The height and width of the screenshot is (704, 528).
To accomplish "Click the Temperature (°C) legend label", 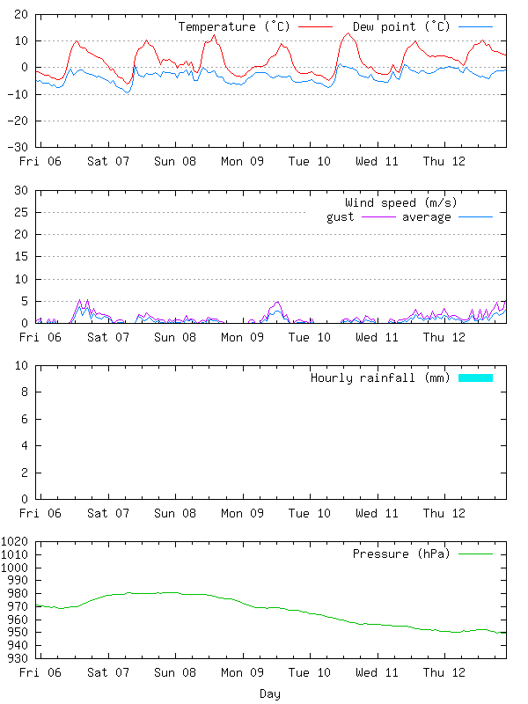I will (236, 27).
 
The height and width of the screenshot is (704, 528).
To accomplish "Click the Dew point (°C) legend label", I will (400, 27).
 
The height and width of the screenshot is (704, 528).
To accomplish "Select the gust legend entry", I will (341, 217).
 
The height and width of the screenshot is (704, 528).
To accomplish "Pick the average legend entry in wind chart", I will (426, 217).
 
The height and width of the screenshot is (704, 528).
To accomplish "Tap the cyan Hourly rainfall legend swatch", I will (475, 378).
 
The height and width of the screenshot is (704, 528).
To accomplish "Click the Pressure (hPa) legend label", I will (400, 554).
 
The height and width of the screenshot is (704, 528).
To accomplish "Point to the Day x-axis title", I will (270, 694).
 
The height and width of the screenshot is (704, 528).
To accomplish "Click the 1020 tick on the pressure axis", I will (16, 541).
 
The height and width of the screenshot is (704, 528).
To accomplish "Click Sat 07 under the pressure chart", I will (109, 673).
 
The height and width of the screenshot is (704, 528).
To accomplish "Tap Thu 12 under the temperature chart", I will (444, 162).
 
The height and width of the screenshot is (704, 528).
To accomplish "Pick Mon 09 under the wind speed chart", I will (242, 337).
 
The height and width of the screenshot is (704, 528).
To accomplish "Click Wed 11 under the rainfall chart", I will (378, 513).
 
